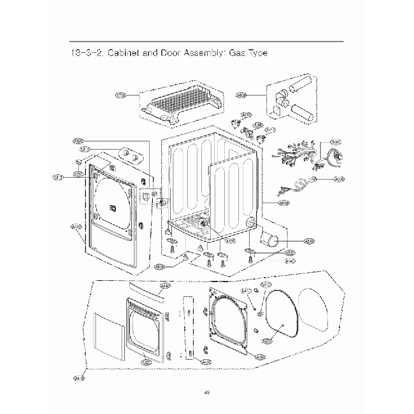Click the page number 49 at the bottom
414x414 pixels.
click(207, 392)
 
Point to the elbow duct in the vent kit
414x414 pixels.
click(281, 102)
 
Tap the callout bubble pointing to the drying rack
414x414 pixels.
click(120, 96)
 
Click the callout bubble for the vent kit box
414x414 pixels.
click(241, 95)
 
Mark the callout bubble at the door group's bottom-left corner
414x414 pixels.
click(79, 378)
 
